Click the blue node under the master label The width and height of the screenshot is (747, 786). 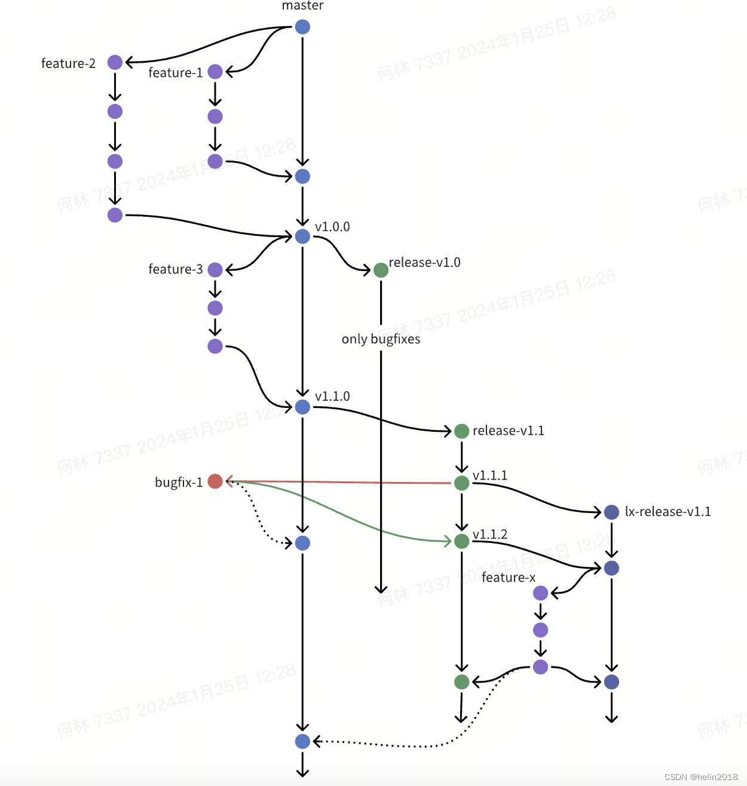pos(302,27)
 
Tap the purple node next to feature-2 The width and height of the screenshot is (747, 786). pos(115,62)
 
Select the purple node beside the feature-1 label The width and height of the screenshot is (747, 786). pos(215,72)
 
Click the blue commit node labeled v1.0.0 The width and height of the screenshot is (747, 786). pos(302,237)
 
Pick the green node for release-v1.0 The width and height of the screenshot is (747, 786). pos(381,270)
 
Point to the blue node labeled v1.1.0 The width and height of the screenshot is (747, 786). pos(302,407)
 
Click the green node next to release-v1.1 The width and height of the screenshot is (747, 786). pos(461,431)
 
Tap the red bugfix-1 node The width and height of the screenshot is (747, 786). pos(215,481)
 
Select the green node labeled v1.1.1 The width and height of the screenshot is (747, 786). pos(461,483)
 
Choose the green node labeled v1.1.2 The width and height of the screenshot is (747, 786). pos(461,541)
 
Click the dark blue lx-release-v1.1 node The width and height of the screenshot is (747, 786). pos(611,512)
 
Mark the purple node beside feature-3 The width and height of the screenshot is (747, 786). pos(215,269)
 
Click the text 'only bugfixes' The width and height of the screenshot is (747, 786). pos(381,339)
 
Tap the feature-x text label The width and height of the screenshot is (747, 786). pos(509,578)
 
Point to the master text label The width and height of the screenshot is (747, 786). pos(302,6)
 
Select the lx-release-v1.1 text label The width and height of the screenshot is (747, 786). pos(668,512)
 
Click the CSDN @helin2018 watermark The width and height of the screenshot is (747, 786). pos(701,777)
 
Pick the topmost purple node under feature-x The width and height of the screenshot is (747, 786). pos(540,593)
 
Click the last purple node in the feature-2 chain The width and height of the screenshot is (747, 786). pos(115,215)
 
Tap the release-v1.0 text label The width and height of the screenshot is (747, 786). pos(424,263)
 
